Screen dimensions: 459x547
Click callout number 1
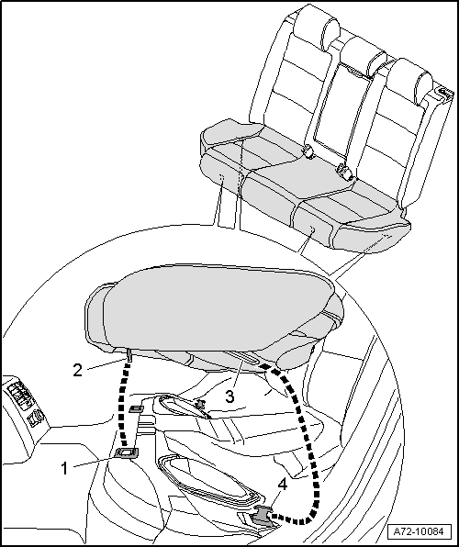click(x=64, y=468)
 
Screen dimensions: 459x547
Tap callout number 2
click(x=77, y=370)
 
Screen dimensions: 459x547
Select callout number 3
click(x=229, y=396)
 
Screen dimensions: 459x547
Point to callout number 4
click(x=283, y=485)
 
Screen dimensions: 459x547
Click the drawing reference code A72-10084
click(x=419, y=531)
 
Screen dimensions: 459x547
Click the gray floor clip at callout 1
click(x=126, y=452)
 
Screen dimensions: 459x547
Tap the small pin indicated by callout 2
click(x=129, y=355)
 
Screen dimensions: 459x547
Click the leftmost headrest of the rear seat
click(x=315, y=28)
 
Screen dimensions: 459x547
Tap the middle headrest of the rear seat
click(x=364, y=56)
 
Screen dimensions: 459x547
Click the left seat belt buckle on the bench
click(x=308, y=151)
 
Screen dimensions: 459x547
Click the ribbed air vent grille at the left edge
click(x=18, y=396)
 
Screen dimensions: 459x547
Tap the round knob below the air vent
click(x=37, y=418)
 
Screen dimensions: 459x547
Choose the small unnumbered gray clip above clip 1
click(x=136, y=408)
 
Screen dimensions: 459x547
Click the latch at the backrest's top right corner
click(x=443, y=93)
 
